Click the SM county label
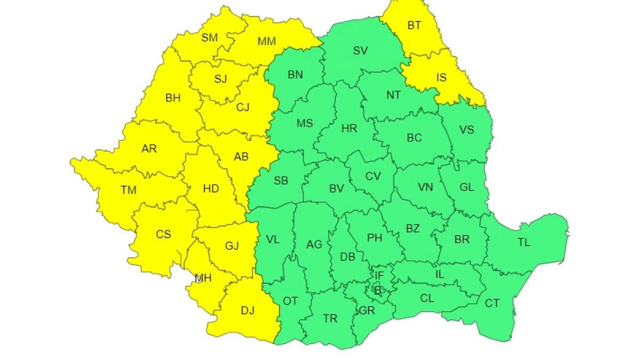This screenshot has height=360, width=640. (210, 38)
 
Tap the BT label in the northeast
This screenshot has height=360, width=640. (415, 25)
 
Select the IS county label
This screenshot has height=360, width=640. (441, 78)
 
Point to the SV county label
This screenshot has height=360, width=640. (361, 51)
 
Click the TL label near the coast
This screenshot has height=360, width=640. (524, 243)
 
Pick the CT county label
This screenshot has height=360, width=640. (492, 303)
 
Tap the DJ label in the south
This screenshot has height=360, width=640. (248, 310)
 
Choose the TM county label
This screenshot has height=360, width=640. (129, 190)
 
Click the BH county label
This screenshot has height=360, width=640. (173, 98)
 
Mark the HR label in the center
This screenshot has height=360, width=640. (349, 129)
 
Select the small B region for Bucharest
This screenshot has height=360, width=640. (377, 290)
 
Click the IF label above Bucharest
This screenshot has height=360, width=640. (379, 275)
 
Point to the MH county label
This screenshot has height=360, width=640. (203, 278)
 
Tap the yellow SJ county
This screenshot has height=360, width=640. (221, 79)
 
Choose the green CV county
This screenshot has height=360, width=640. (373, 176)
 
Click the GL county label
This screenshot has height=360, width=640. (466, 188)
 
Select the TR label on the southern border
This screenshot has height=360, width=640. (330, 318)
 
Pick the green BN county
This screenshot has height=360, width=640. (295, 75)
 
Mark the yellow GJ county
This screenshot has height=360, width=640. (232, 245)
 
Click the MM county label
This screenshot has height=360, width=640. (267, 41)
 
